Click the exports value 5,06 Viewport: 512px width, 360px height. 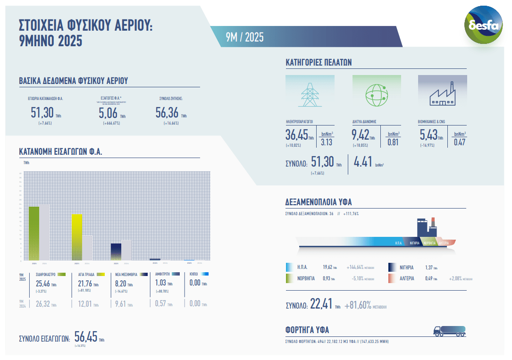[x=108, y=113]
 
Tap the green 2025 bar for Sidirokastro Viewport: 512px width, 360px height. [x=34, y=233]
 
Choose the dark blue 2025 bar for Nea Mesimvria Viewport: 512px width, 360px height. [x=116, y=251]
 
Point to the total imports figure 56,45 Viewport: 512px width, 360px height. [x=85, y=336]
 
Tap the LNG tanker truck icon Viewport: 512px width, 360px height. [x=449, y=330]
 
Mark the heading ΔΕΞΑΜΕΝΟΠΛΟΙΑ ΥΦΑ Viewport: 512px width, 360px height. [x=319, y=202]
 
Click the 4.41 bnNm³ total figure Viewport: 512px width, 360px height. [x=363, y=162]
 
